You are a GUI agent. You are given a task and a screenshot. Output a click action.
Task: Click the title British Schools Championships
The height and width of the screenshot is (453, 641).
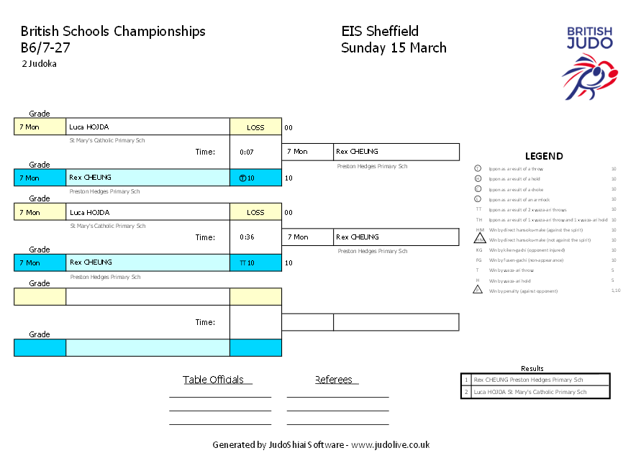113,31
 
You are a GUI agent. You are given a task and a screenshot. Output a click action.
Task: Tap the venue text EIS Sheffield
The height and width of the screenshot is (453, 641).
380,31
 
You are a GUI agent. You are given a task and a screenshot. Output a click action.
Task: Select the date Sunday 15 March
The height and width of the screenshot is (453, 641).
394,48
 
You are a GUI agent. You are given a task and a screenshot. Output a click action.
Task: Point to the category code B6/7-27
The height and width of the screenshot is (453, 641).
45,48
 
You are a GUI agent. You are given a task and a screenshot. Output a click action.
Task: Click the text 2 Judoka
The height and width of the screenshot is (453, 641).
39,64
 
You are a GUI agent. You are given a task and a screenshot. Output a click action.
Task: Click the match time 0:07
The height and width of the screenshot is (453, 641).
247,152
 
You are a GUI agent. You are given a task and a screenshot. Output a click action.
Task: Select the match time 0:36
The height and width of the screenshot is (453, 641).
247,237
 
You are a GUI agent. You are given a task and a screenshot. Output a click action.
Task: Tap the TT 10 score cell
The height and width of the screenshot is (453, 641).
247,263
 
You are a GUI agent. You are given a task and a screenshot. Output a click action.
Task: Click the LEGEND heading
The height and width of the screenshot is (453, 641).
544,156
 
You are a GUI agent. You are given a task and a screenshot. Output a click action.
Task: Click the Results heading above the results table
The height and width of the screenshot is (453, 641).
532,368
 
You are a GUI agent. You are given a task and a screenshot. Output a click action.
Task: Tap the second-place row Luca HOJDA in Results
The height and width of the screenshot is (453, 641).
529,392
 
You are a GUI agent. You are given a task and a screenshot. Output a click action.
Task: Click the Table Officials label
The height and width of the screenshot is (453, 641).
213,380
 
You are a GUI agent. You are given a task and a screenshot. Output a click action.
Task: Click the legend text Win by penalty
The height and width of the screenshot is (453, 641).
522,291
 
